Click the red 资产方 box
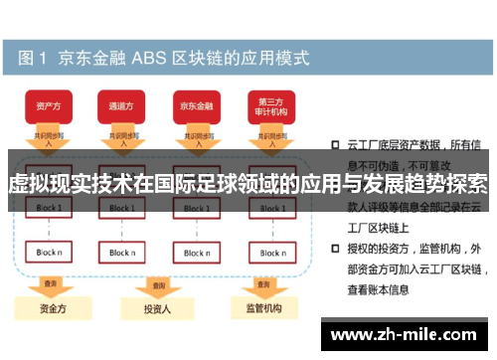point(47,104)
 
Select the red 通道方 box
point(121,104)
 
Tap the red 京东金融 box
point(195,104)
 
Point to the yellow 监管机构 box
point(263,308)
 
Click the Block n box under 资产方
point(48,253)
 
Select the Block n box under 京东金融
point(196,253)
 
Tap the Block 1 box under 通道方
point(122,209)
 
